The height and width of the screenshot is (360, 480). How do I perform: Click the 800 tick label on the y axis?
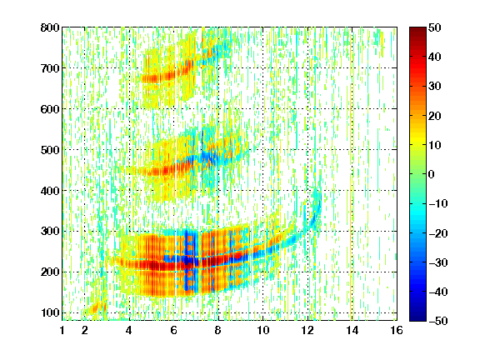pyautogui.click(x=50, y=27)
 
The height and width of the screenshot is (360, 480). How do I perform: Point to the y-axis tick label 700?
pyautogui.click(x=50, y=68)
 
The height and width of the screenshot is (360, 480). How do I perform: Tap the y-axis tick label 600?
pyautogui.click(x=50, y=109)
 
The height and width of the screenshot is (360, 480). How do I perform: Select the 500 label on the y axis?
pyautogui.click(x=50, y=150)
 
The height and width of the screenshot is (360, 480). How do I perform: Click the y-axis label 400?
pyautogui.click(x=50, y=191)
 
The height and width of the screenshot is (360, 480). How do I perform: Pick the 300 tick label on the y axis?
pyautogui.click(x=50, y=232)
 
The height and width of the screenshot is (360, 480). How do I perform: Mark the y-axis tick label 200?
pyautogui.click(x=50, y=272)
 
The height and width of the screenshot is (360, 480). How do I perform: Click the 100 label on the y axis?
pyautogui.click(x=50, y=312)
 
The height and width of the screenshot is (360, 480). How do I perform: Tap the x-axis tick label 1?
pyautogui.click(x=62, y=330)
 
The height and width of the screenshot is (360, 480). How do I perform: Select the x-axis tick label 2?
pyautogui.click(x=85, y=330)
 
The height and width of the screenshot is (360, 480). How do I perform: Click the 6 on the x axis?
pyautogui.click(x=173, y=330)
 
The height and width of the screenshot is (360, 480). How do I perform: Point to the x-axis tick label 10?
pyautogui.click(x=262, y=330)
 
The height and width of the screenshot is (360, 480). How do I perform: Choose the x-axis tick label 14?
pyautogui.click(x=352, y=330)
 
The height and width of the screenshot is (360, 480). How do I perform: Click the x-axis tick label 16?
pyautogui.click(x=397, y=330)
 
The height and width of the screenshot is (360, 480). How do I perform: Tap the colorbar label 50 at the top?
pyautogui.click(x=435, y=27)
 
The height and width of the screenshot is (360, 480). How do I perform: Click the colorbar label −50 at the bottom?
pyautogui.click(x=438, y=321)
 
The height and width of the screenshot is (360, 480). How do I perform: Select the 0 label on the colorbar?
pyautogui.click(x=432, y=174)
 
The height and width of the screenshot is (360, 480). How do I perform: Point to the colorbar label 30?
pyautogui.click(x=435, y=87)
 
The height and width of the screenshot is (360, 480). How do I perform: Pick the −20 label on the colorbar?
pyautogui.click(x=438, y=233)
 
